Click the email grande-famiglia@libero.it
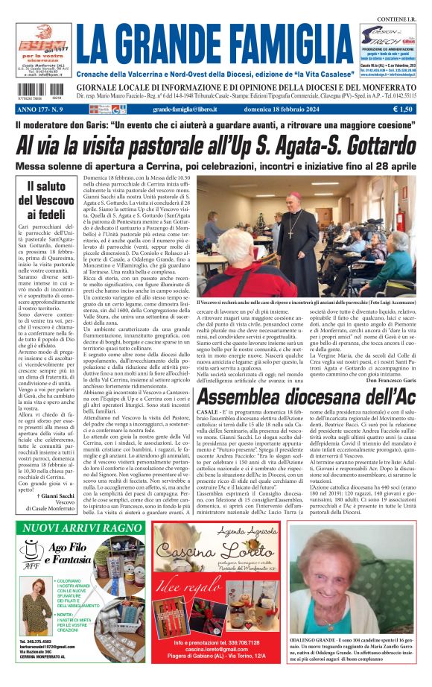[182, 109]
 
